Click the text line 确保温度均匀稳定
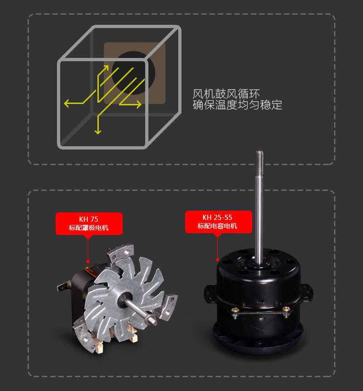pos(238,105)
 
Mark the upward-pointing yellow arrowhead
pos(105,68)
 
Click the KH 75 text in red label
pos(89,219)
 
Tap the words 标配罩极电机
pos(89,228)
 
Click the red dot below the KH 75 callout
pos(88,261)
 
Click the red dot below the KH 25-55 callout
pos(217,259)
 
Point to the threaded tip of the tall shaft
pos(260,159)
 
